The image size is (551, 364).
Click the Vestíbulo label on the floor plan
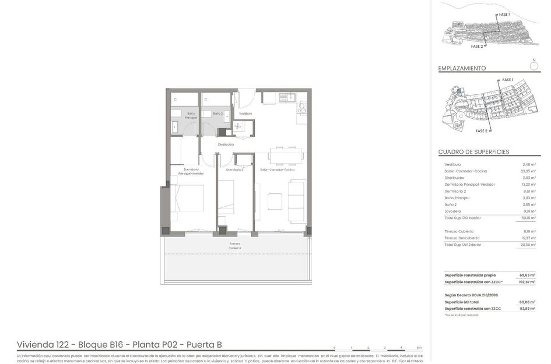(245, 114)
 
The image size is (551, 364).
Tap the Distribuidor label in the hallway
(226, 144)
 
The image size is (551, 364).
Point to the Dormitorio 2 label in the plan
(234, 169)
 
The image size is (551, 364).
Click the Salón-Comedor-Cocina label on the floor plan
(277, 169)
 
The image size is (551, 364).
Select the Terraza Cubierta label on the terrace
(234, 246)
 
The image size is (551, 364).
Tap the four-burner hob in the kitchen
(302, 108)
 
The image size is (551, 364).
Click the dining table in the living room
(285, 156)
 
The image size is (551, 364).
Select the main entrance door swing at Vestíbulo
(247, 96)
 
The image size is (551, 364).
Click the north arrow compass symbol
(534, 66)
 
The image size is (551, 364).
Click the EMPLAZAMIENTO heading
(462, 68)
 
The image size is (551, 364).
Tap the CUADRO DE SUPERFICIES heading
(473, 152)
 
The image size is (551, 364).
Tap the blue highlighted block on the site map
(459, 90)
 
